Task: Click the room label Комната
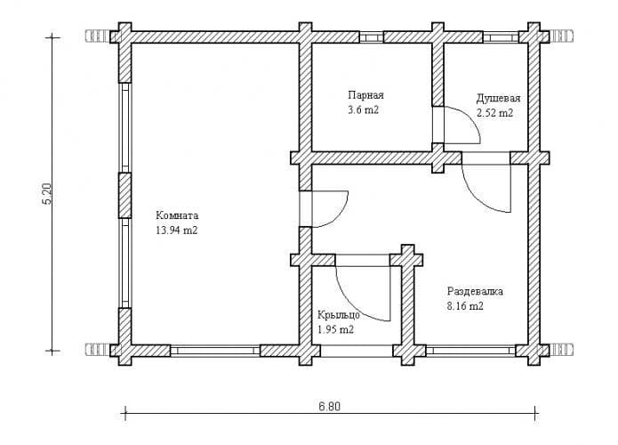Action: tap(177, 215)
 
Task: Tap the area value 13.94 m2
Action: tap(177, 231)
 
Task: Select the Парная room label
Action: tap(365, 95)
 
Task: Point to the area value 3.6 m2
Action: tap(363, 110)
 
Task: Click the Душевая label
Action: tap(499, 98)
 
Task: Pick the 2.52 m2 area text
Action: tap(495, 113)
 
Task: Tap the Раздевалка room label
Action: tap(475, 292)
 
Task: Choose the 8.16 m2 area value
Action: tap(465, 306)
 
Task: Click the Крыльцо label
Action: tap(339, 315)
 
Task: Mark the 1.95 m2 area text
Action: tap(335, 329)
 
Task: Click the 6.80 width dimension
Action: tap(330, 407)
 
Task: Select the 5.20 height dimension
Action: tap(46, 194)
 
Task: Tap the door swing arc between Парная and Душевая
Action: tap(470, 117)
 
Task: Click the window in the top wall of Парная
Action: tap(372, 37)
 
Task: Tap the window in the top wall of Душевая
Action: tap(501, 37)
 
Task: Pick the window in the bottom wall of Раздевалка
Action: tap(470, 351)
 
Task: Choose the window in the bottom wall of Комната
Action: tap(215, 351)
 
